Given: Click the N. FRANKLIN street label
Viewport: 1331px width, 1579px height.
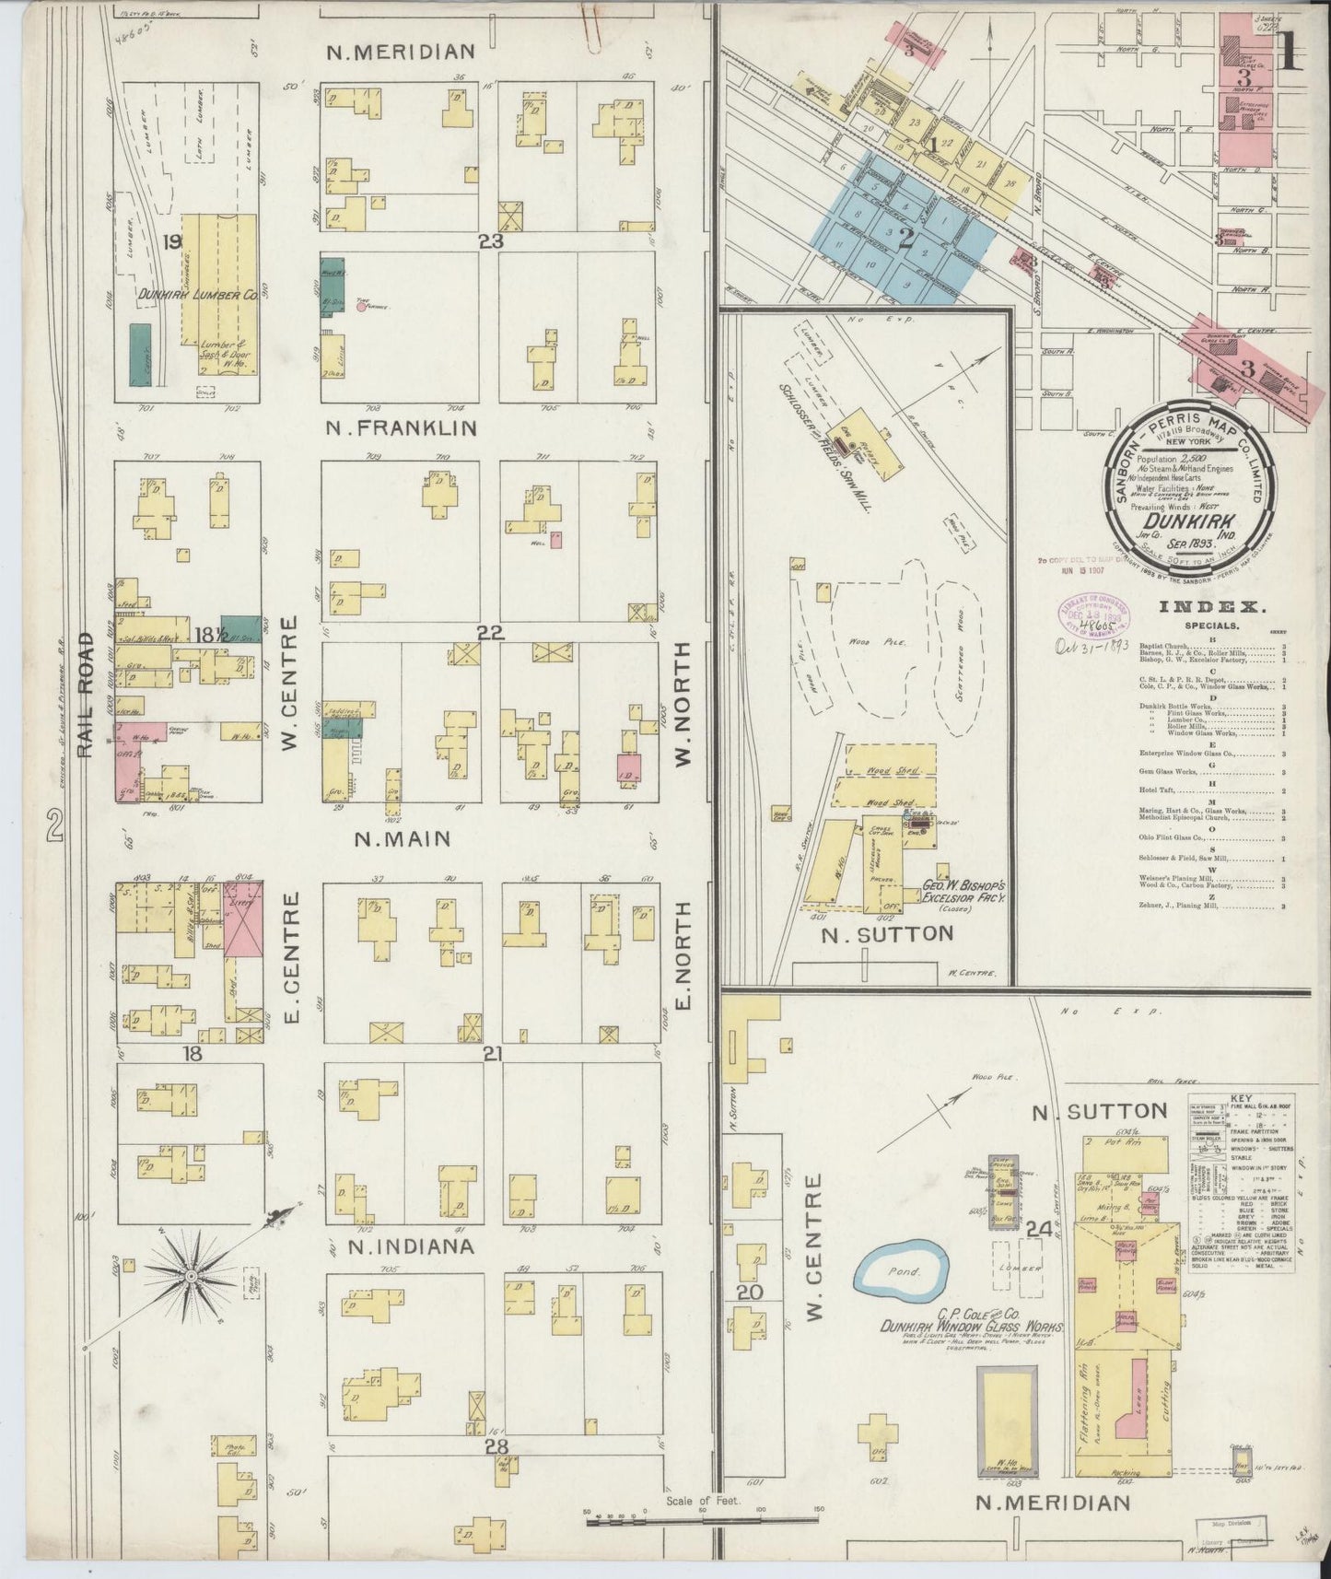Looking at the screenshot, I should pyautogui.click(x=403, y=427).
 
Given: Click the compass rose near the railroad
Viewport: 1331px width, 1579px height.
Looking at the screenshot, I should pyautogui.click(x=190, y=1276).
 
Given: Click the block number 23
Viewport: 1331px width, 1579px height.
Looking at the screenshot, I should pyautogui.click(x=492, y=240).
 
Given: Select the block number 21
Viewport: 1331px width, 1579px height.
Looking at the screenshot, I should pyautogui.click(x=492, y=1051).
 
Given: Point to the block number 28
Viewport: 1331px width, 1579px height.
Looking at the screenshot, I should pyautogui.click(x=496, y=1447).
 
